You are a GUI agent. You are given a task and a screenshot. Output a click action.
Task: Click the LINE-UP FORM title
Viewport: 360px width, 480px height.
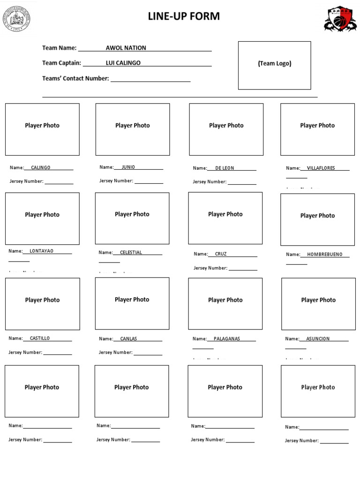click(x=184, y=16)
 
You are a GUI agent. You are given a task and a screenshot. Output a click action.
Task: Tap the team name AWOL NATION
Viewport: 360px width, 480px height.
click(x=126, y=48)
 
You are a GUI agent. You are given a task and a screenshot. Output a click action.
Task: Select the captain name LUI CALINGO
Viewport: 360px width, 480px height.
click(x=123, y=63)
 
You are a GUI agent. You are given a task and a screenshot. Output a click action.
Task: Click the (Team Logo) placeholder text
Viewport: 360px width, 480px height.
click(x=274, y=63)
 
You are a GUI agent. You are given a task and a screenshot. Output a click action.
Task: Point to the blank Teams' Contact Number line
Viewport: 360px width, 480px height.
click(x=150, y=80)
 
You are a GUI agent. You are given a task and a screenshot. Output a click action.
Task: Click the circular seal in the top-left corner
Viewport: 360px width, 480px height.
click(x=16, y=19)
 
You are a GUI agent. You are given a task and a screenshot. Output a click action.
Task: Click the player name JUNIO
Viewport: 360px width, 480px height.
click(x=128, y=167)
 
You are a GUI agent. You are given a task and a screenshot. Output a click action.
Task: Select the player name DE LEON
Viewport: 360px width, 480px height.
click(x=225, y=168)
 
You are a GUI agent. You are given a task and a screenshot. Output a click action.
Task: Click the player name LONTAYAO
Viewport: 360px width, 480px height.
click(x=41, y=251)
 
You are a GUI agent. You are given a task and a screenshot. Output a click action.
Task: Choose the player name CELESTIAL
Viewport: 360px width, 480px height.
click(x=131, y=252)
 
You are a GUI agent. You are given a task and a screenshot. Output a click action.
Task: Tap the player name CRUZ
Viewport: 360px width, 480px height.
click(x=221, y=254)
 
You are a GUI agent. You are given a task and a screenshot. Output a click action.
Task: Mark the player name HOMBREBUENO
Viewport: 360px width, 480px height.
click(x=325, y=255)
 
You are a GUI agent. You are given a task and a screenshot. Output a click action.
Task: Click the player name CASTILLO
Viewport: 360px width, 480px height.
click(x=39, y=338)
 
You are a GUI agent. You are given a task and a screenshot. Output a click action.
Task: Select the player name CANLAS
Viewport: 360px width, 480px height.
click(x=128, y=338)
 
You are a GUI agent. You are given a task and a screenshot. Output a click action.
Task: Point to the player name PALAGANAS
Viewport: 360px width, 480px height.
click(x=226, y=338)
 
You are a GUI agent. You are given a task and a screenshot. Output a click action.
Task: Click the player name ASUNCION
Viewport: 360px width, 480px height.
click(x=318, y=338)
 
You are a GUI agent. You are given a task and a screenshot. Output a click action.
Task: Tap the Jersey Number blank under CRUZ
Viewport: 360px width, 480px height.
click(x=243, y=269)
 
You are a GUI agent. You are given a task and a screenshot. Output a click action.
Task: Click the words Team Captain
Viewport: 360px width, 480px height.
click(x=61, y=63)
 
